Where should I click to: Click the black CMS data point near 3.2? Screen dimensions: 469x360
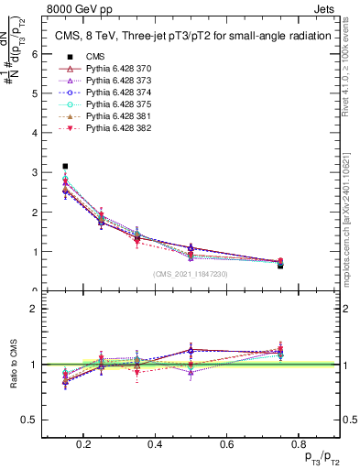(65, 167)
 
